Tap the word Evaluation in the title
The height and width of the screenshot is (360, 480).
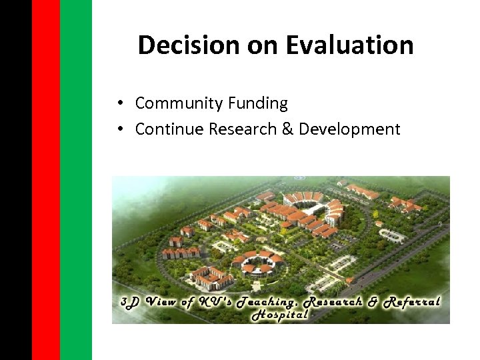click(349, 45)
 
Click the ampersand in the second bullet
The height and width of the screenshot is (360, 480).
click(288, 129)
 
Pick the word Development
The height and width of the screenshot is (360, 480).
click(349, 129)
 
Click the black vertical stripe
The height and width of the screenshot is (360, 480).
click(15, 180)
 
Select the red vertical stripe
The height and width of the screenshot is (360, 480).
click(45, 180)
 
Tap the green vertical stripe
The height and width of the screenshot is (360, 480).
click(75, 180)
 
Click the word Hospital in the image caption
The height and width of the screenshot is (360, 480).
click(280, 315)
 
